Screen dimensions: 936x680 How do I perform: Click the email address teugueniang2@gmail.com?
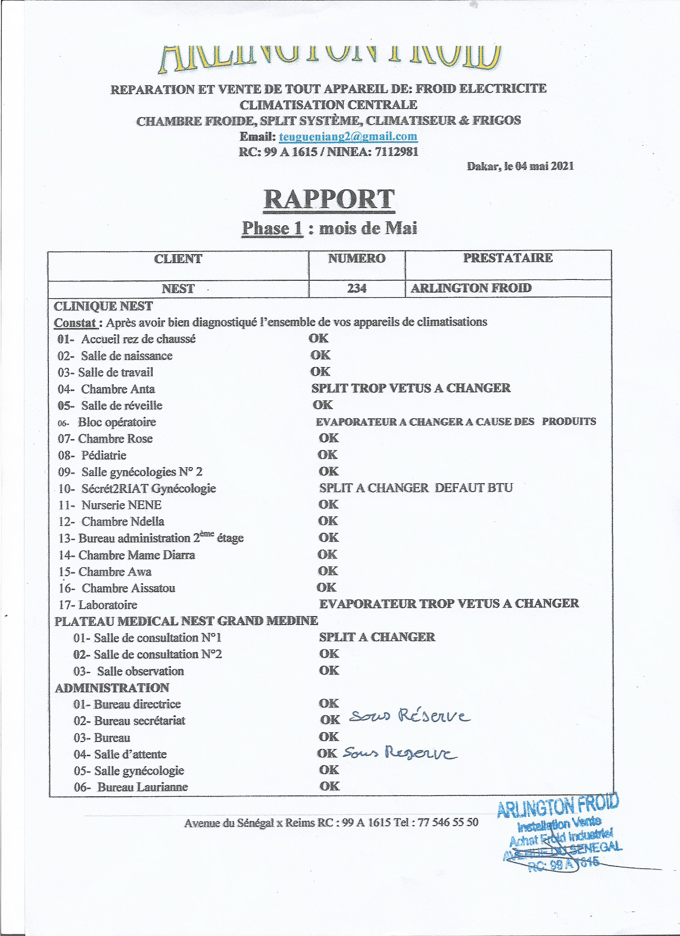pyautogui.click(x=348, y=136)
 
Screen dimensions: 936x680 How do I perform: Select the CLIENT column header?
pyautogui.click(x=178, y=259)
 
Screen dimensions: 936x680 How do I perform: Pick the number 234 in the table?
pyautogui.click(x=357, y=288)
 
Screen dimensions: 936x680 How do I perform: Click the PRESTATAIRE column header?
pyautogui.click(x=508, y=258)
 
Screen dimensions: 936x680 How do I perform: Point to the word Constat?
pyautogui.click(x=75, y=322)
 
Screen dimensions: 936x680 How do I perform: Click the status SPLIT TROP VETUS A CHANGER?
pyautogui.click(x=411, y=388)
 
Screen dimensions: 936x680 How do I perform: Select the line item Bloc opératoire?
pyautogui.click(x=117, y=422)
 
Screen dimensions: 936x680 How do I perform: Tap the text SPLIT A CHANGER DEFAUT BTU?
pyautogui.click(x=416, y=488)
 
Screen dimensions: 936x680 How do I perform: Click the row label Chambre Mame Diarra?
pyautogui.click(x=136, y=554)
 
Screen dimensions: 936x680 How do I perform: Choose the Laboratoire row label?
pyautogui.click(x=108, y=605)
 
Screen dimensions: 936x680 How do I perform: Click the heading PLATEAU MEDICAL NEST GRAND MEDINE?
pyautogui.click(x=186, y=621)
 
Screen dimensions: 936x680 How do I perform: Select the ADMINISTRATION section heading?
pyautogui.click(x=112, y=687)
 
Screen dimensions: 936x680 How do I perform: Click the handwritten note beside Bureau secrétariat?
pyautogui.click(x=409, y=716)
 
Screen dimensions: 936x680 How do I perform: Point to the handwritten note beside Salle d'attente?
pyautogui.click(x=400, y=753)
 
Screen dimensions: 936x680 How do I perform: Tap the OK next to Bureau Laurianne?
pyautogui.click(x=329, y=786)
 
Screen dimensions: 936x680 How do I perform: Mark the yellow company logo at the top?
pyautogui.click(x=329, y=58)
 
